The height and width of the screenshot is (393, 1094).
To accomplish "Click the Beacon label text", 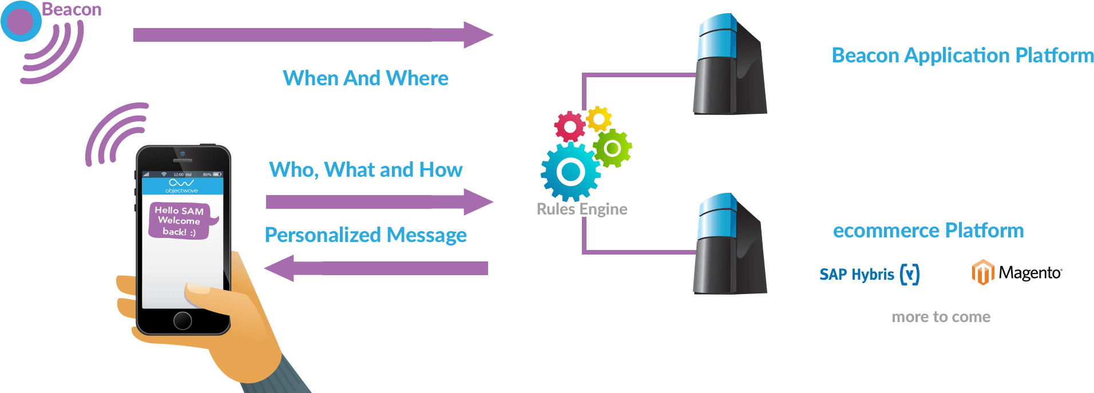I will coord(72,10).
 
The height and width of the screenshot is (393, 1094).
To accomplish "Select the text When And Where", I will coord(366,78).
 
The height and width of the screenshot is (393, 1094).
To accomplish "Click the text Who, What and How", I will coord(366,170).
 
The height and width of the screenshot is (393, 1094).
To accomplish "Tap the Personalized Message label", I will coord(366,235).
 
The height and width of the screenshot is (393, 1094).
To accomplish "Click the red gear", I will coord(569,126).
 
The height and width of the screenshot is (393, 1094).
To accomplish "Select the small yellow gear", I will coord(599,119).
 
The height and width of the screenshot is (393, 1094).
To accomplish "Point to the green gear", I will coord(612,148).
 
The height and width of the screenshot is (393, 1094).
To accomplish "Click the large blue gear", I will coord(570,171).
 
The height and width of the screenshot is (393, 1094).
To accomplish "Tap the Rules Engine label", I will coord(582,209).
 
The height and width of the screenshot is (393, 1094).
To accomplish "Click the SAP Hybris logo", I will coord(869,275).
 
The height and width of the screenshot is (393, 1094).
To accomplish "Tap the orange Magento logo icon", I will coord(982,272).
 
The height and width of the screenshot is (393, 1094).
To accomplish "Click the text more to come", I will coord(941,317).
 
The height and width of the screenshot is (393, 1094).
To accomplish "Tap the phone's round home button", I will coord(183,320).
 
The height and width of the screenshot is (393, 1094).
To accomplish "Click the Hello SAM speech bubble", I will coord(180,221).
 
